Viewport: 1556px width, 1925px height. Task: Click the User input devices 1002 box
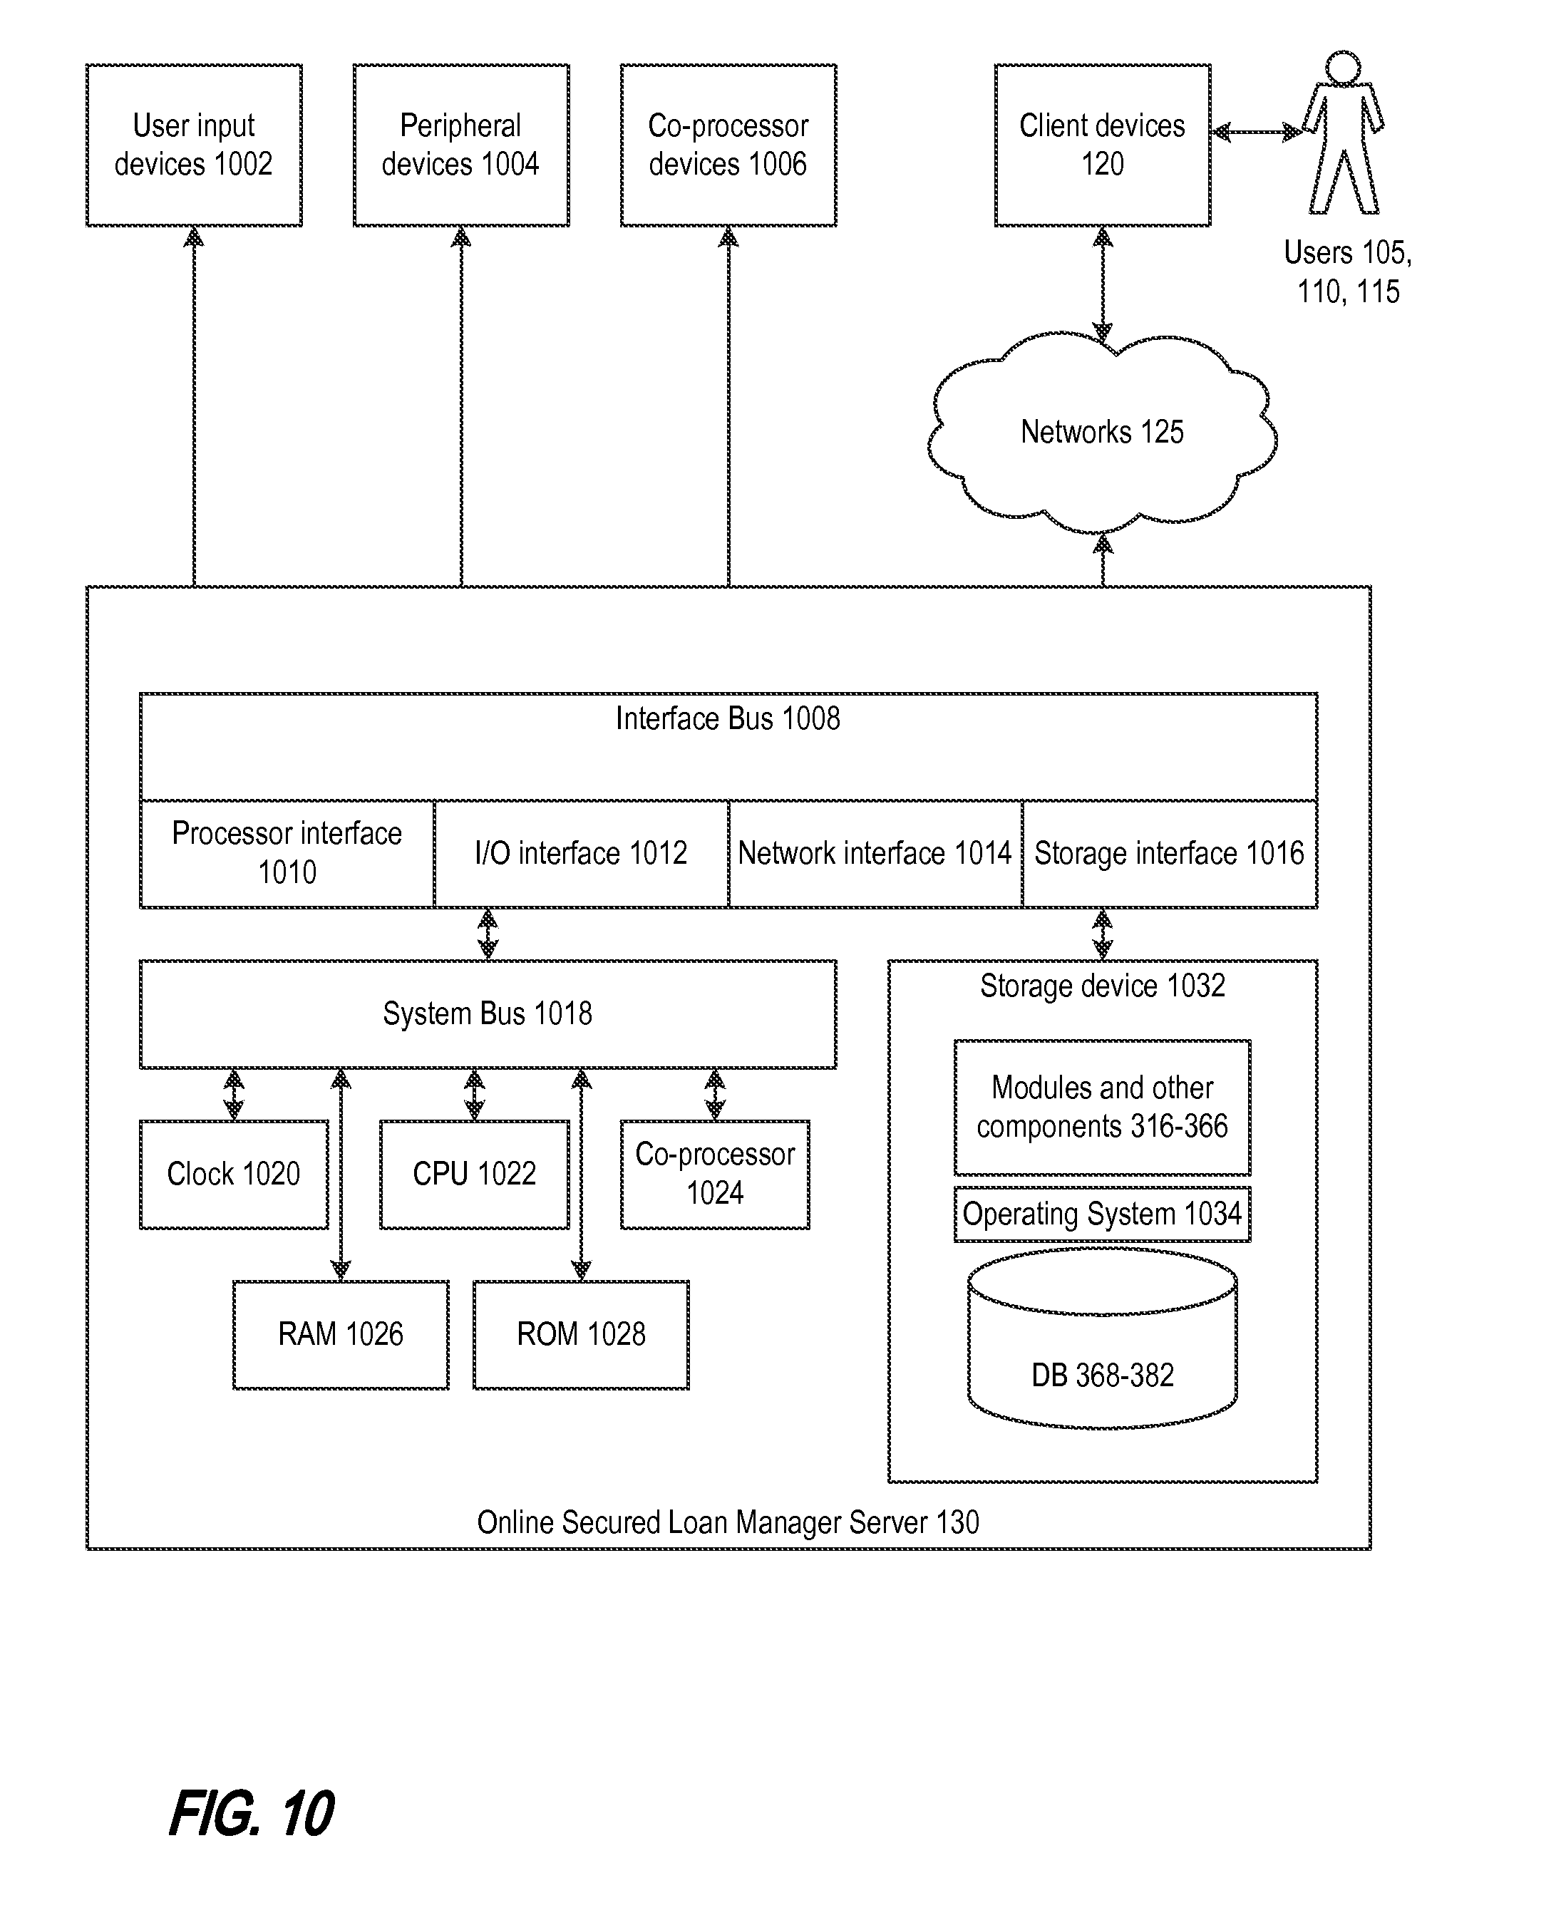pyautogui.click(x=194, y=145)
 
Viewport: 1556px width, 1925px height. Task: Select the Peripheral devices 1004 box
pyautogui.click(x=460, y=145)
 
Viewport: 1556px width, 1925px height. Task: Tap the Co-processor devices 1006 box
pyautogui.click(x=728, y=145)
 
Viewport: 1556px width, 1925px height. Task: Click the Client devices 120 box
pyautogui.click(x=1103, y=145)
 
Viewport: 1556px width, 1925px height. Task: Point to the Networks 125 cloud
pyautogui.click(x=1103, y=433)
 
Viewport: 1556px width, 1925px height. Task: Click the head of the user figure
pyautogui.click(x=1343, y=68)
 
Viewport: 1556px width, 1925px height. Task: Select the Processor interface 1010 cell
pyautogui.click(x=287, y=853)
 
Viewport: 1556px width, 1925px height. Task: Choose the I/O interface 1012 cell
pyautogui.click(x=581, y=853)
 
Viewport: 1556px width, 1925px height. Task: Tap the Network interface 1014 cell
pyautogui.click(x=875, y=853)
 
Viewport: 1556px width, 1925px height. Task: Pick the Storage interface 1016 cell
pyautogui.click(x=1170, y=853)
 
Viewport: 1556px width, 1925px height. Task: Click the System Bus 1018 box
pyautogui.click(x=488, y=1013)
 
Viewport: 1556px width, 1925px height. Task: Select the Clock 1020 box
pyautogui.click(x=234, y=1174)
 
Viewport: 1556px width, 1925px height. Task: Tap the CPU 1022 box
pyautogui.click(x=474, y=1174)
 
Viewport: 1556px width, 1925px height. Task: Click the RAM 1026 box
pyautogui.click(x=341, y=1334)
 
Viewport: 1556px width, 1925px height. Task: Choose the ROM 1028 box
pyautogui.click(x=581, y=1334)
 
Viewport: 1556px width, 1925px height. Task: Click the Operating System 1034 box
pyautogui.click(x=1103, y=1214)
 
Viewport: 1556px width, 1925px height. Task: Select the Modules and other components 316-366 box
pyautogui.click(x=1103, y=1108)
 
